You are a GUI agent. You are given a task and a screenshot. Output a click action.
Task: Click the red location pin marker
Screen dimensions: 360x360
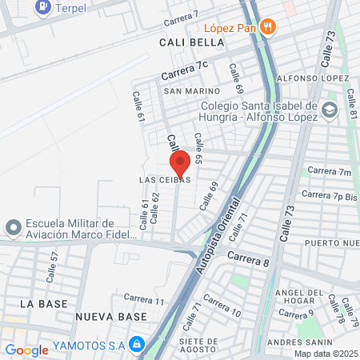(x=180, y=162)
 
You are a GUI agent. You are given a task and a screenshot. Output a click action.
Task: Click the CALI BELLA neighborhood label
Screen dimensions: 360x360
(x=184, y=42)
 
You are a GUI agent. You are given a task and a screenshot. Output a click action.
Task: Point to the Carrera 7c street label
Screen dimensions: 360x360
(x=184, y=70)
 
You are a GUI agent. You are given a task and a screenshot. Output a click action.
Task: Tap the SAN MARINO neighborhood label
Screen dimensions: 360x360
(x=192, y=91)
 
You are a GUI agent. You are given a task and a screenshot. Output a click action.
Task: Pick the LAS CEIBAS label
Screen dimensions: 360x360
(x=164, y=180)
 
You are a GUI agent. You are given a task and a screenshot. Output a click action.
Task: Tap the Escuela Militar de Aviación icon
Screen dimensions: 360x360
(x=12, y=229)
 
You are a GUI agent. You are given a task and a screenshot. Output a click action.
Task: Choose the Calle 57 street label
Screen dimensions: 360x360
(x=54, y=262)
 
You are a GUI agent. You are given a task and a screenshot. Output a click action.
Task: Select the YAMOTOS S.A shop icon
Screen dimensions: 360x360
(x=137, y=344)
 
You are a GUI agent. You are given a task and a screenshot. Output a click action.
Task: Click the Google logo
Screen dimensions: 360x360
(x=26, y=350)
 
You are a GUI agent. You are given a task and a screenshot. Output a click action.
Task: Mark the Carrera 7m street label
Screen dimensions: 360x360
(x=330, y=171)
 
